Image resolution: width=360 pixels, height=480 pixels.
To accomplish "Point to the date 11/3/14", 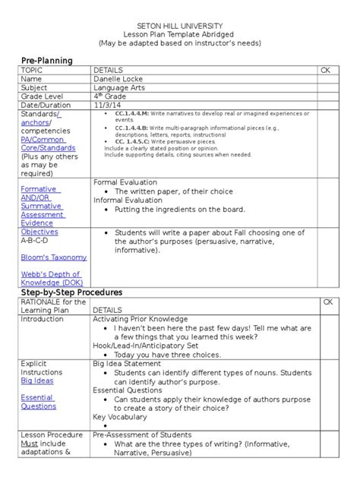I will coord(107,106).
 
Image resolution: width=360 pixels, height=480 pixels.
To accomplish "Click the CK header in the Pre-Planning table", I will coord(327,70).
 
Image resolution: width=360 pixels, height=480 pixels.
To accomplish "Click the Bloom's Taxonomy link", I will coord(53,257).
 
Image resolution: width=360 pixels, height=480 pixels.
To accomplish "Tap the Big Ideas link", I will coord(36,381).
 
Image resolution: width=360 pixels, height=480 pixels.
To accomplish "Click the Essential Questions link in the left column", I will coord(38,402).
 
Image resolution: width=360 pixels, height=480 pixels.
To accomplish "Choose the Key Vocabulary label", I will coord(120,416).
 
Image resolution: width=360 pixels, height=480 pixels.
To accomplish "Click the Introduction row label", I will coord(43,319).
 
